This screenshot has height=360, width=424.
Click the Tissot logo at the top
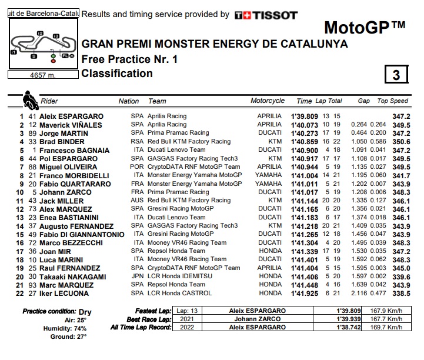click(266, 15)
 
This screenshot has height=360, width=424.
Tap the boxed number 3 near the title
click(396, 75)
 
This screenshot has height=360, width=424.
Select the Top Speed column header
click(392, 101)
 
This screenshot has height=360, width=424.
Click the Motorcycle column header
click(268, 101)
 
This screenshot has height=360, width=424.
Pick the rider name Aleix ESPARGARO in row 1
click(72, 116)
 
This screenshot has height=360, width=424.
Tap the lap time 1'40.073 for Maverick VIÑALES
click(304, 125)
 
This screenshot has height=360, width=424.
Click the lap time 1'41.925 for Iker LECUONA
click(304, 294)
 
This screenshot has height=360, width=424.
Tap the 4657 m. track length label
click(42, 75)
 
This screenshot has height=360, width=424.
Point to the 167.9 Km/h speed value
click(385, 311)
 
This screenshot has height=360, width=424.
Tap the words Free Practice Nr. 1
click(129, 59)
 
